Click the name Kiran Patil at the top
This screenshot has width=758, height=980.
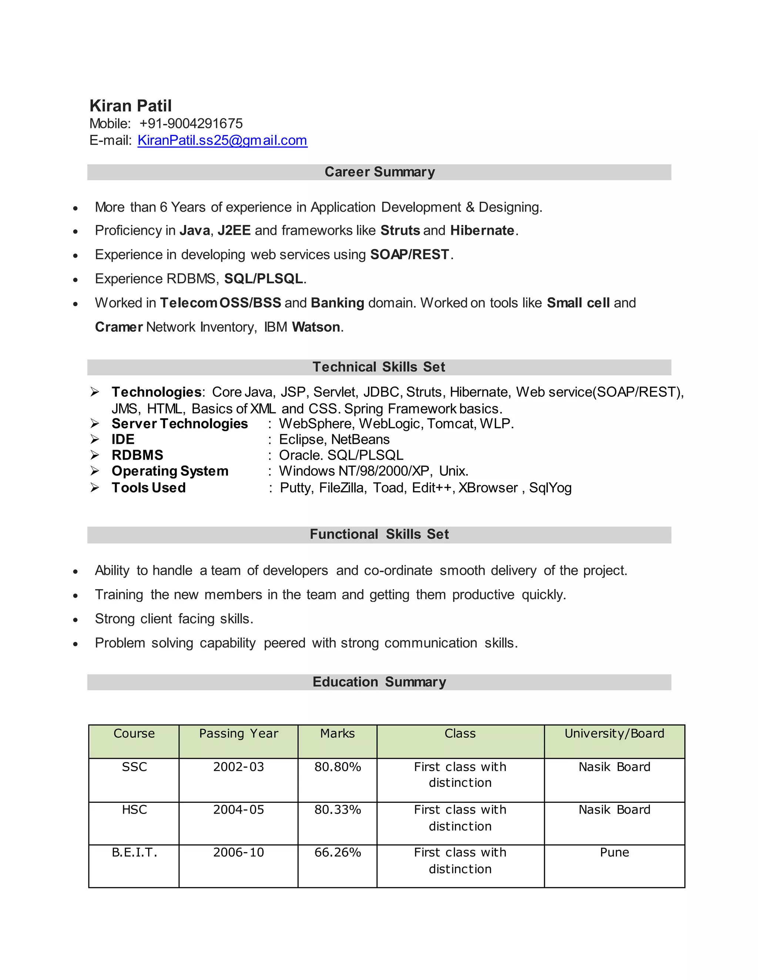(x=130, y=106)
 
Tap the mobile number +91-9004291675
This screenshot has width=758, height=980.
(x=191, y=124)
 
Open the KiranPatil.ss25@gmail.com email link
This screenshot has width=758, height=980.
(x=222, y=141)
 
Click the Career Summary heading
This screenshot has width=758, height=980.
(x=379, y=172)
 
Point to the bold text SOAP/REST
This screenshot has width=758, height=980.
(x=410, y=254)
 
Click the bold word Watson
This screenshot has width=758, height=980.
(x=316, y=327)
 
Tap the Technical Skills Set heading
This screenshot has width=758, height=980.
(x=379, y=367)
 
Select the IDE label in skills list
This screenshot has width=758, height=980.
(x=123, y=439)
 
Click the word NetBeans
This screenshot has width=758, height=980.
(x=360, y=439)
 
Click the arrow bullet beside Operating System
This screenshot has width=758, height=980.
(x=94, y=471)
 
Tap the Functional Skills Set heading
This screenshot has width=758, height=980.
(x=379, y=534)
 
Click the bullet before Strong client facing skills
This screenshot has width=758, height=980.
(x=76, y=620)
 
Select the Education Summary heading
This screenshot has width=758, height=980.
(x=379, y=682)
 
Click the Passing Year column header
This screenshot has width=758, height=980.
(x=238, y=734)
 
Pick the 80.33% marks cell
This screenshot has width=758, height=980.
(x=337, y=810)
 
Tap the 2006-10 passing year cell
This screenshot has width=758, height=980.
(x=238, y=852)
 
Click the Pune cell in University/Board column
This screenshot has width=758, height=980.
(x=614, y=852)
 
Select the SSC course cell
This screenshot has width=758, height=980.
(x=134, y=767)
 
